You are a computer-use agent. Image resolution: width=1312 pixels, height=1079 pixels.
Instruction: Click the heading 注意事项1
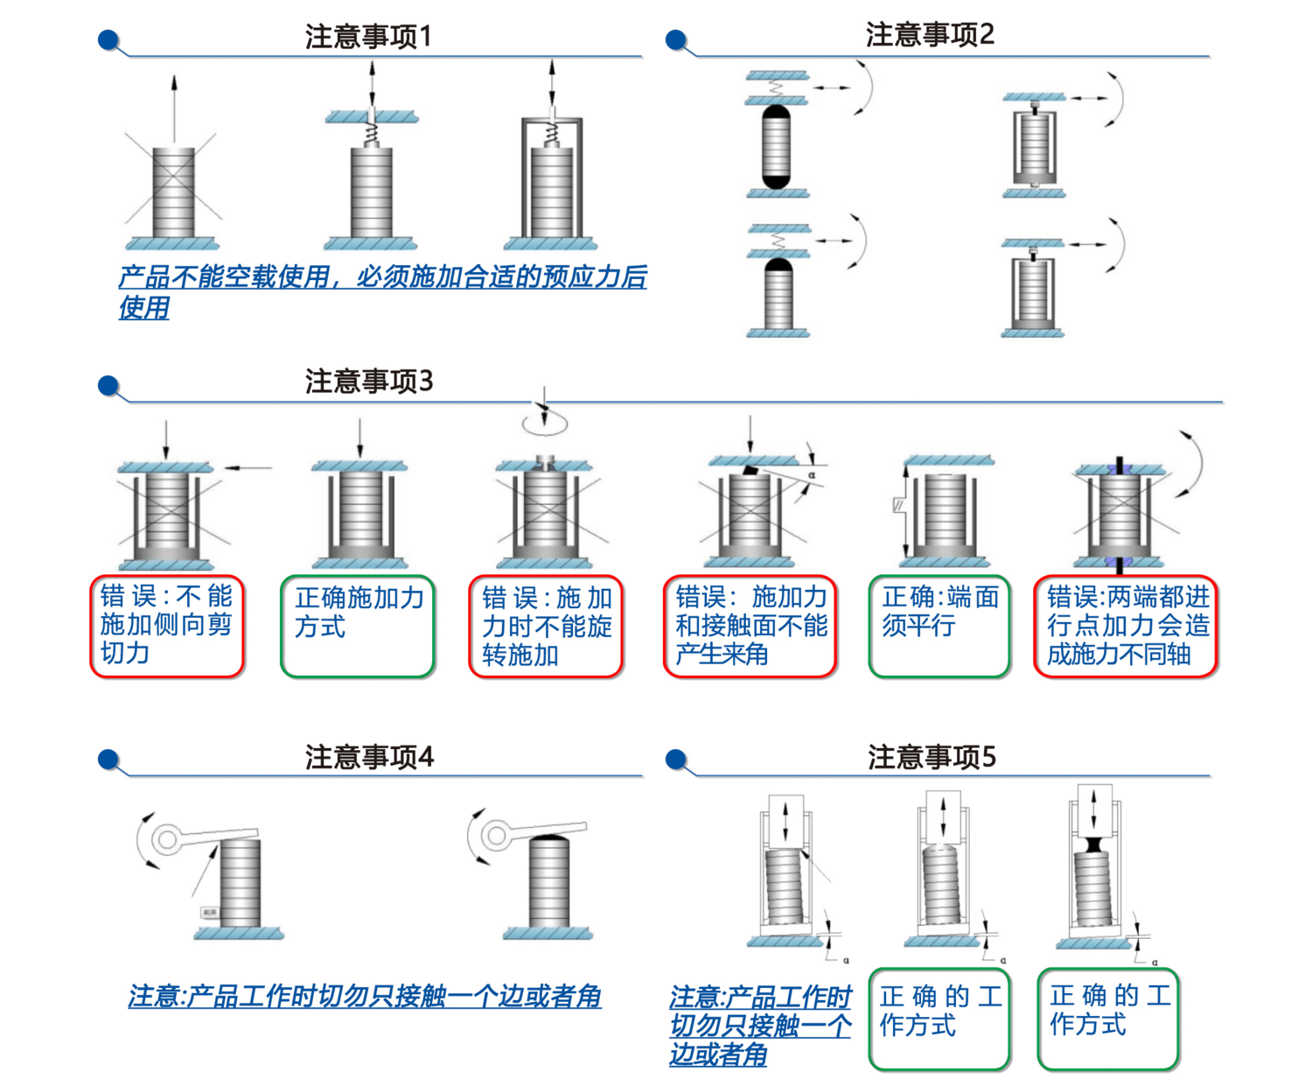tap(368, 37)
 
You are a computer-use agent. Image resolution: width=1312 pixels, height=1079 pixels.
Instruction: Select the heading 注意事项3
tap(368, 381)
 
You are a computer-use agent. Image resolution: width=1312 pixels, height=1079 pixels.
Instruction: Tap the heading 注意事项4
tap(368, 756)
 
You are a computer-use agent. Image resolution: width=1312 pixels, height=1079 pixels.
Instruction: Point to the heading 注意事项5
tap(931, 756)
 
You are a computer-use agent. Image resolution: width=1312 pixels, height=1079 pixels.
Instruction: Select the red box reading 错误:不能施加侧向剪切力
tap(168, 626)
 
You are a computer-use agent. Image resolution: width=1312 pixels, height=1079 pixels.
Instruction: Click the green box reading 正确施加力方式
tap(359, 626)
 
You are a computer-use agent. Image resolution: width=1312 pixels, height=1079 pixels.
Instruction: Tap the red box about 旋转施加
tap(547, 626)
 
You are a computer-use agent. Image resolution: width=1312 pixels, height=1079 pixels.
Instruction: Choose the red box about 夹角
tap(750, 626)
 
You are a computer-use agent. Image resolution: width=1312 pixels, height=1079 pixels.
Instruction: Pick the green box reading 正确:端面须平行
tap(940, 626)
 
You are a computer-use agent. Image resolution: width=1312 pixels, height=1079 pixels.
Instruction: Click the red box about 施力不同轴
tap(1127, 626)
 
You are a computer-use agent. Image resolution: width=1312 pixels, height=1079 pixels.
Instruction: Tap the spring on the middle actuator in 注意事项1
tap(372, 134)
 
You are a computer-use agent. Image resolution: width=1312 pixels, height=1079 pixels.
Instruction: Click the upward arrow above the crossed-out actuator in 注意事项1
tap(175, 105)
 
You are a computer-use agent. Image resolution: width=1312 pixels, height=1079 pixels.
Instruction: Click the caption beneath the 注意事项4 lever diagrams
tap(365, 995)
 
